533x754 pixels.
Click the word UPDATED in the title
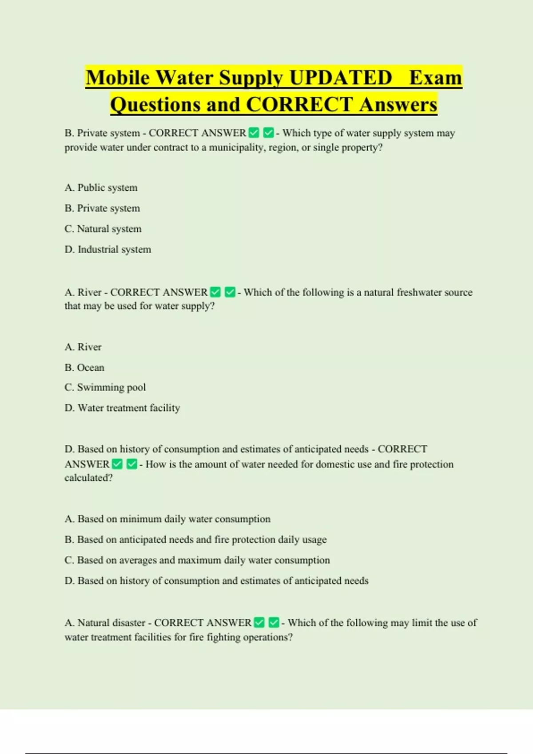coord(341,78)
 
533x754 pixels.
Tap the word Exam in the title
coord(435,78)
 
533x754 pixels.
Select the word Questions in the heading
coord(155,105)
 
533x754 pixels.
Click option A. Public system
coord(101,188)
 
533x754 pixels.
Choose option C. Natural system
coord(103,229)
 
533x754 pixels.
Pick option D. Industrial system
coord(107,249)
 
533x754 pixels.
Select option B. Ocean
coord(84,367)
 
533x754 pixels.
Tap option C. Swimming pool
coord(105,387)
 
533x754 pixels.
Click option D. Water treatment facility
coord(122,408)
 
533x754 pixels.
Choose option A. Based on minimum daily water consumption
coord(167,519)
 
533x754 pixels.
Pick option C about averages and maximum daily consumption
coord(197,560)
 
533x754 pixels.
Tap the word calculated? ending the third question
coord(88,478)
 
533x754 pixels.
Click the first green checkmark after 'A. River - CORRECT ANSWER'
coord(215,292)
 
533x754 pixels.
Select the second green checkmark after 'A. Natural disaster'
coord(274,623)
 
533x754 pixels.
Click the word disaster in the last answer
coord(128,623)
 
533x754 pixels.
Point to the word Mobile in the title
coord(118,78)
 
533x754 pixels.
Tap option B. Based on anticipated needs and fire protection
coord(195,539)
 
